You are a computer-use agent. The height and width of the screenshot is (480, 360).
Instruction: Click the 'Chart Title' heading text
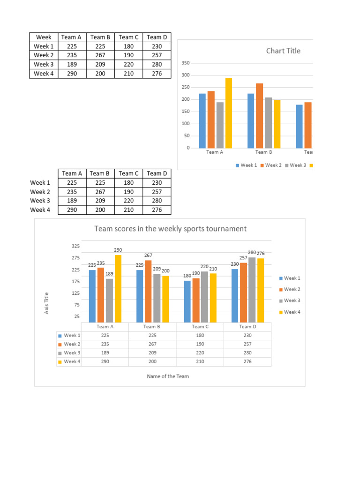(283, 51)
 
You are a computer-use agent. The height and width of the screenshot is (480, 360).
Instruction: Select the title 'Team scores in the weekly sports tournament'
(171, 229)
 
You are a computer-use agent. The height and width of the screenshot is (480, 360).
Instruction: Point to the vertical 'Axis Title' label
(46, 303)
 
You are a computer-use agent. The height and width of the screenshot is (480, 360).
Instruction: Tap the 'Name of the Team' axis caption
(168, 376)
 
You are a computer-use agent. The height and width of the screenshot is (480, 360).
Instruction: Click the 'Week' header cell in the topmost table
(44, 37)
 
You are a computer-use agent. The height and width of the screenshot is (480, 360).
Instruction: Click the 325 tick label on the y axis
(76, 246)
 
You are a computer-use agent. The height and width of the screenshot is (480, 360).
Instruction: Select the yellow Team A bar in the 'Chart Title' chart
(229, 112)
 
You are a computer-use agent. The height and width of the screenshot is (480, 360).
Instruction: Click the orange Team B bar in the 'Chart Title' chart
(259, 115)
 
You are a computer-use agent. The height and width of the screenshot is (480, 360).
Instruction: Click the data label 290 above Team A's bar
(118, 250)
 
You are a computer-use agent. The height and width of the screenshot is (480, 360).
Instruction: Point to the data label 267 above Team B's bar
(148, 255)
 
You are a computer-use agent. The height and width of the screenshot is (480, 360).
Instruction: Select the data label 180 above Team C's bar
(187, 276)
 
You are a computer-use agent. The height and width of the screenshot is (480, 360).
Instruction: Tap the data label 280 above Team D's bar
(252, 253)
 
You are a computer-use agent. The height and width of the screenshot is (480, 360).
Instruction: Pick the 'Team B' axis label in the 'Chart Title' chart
(263, 152)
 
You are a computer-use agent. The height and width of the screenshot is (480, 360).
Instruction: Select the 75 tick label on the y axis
(76, 305)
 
